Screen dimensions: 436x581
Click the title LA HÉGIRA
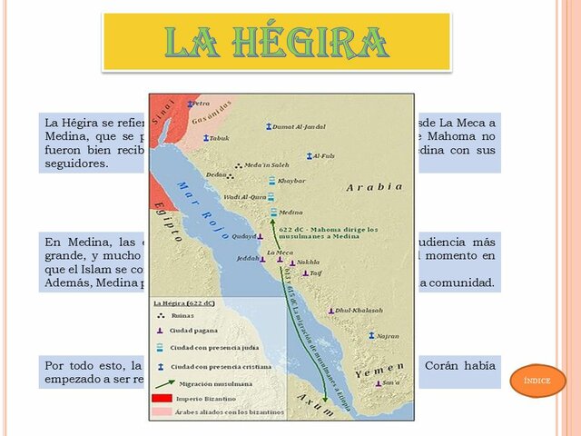click(276, 42)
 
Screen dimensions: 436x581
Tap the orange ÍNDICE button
click(538, 381)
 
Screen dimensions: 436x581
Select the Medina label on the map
click(290, 213)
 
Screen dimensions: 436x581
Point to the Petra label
click(202, 104)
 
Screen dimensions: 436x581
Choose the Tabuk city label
click(220, 138)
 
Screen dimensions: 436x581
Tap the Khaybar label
click(290, 181)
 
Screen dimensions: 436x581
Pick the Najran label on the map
click(388, 335)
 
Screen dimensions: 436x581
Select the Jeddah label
click(248, 259)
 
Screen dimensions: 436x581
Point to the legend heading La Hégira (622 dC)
click(183, 303)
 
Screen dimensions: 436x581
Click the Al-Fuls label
click(323, 156)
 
